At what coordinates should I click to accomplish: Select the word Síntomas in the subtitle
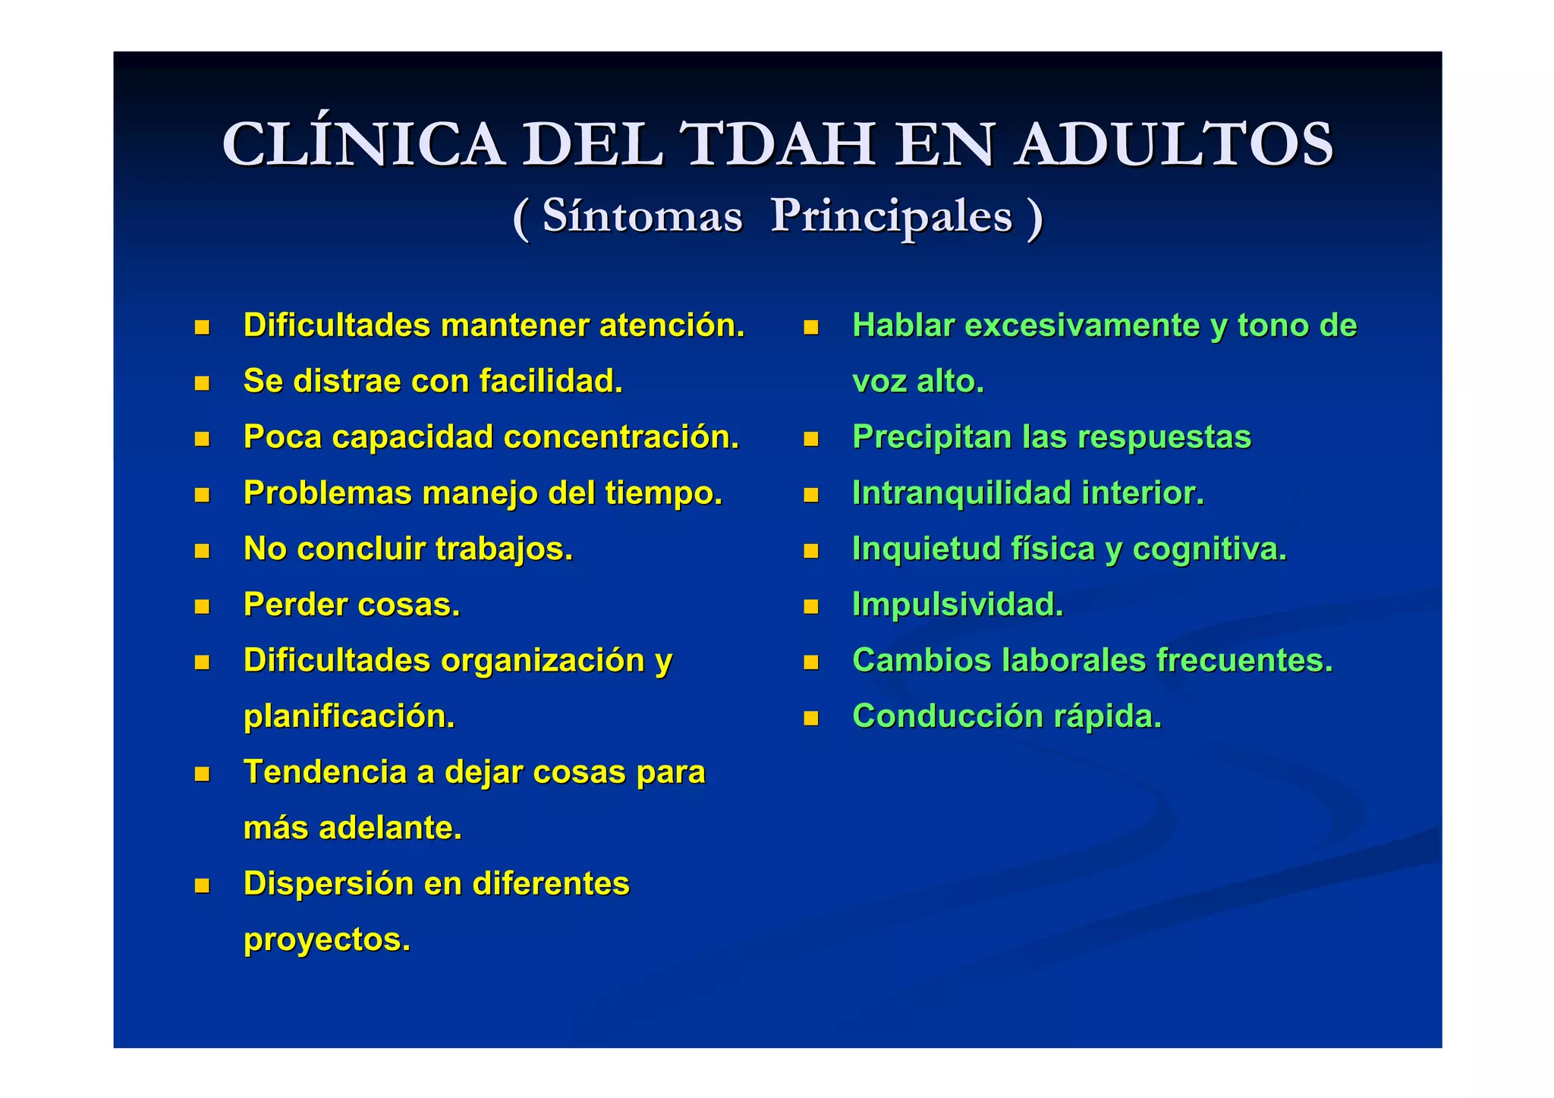pyautogui.click(x=642, y=216)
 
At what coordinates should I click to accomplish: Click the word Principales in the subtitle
pyautogui.click(x=892, y=216)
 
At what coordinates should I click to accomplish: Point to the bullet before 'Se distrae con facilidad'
pyautogui.click(x=202, y=383)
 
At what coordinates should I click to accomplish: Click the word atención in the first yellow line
pyautogui.click(x=672, y=326)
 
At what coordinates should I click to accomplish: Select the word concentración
pyautogui.click(x=621, y=438)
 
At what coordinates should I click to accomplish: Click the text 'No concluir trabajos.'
pyautogui.click(x=408, y=549)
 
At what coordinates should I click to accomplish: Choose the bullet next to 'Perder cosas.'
pyautogui.click(x=202, y=606)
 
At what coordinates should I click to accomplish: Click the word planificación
pyautogui.click(x=349, y=718)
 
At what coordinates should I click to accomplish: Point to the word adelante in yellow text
pyautogui.click(x=390, y=829)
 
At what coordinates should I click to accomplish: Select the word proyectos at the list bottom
pyautogui.click(x=326, y=940)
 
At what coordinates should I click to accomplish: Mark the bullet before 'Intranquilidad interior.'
pyautogui.click(x=811, y=496)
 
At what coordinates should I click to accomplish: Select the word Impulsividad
pyautogui.click(x=958, y=606)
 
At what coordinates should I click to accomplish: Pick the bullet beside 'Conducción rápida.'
pyautogui.click(x=811, y=719)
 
